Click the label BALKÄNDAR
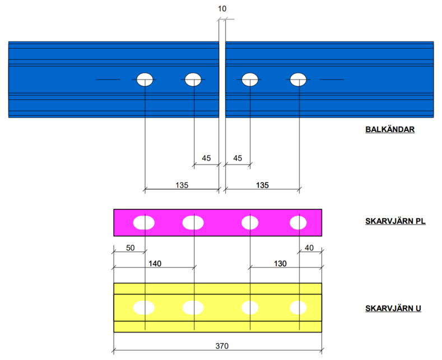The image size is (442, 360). (389, 130)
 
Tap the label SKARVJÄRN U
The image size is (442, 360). (393, 308)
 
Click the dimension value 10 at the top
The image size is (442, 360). (222, 9)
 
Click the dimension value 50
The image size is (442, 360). (129, 248)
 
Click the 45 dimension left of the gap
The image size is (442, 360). (206, 158)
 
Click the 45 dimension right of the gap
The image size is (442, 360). (237, 158)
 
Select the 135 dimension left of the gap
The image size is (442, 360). (181, 185)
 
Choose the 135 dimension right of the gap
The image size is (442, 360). (262, 185)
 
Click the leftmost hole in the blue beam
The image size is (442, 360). (145, 80)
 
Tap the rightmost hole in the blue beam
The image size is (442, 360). (297, 80)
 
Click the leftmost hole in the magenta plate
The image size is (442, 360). (143, 223)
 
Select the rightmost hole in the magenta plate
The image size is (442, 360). (298, 223)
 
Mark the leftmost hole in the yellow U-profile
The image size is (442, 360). (143, 307)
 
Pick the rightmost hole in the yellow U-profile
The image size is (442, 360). (298, 307)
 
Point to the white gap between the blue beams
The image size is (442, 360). (222, 78)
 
